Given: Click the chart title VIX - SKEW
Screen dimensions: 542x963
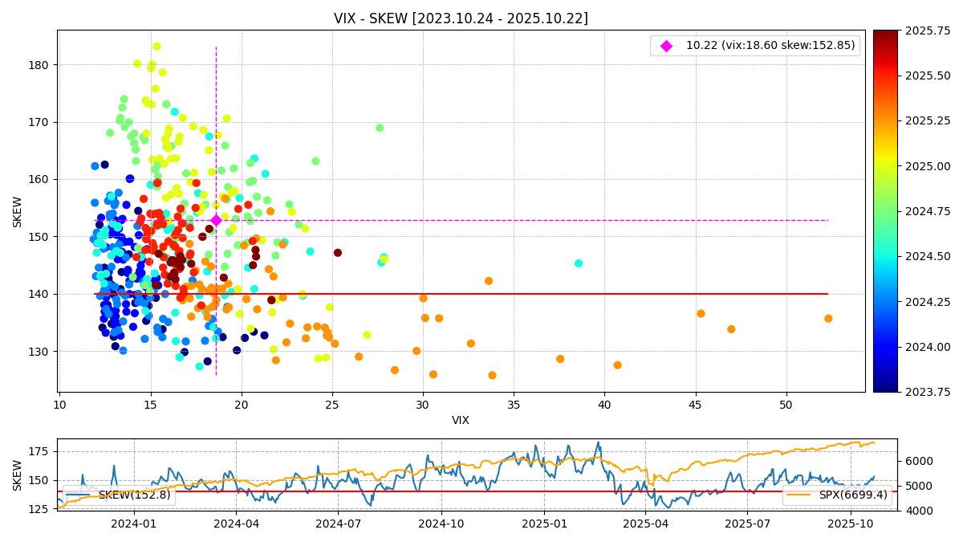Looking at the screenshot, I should pos(461,18).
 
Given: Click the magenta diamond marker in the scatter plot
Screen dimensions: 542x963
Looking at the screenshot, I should pos(216,220).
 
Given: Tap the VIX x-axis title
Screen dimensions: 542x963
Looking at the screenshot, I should pos(461,421).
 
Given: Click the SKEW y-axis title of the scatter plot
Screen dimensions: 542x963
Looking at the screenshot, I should pos(18,211).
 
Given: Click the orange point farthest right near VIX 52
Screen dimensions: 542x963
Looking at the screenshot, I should pos(828,319).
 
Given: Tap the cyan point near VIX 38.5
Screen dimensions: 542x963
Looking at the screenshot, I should pos(579,263).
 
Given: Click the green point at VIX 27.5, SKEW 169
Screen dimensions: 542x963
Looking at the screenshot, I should pos(380,128).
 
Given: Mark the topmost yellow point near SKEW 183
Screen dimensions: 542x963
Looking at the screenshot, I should pos(156,47).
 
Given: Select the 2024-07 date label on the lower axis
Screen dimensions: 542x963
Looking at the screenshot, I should pos(338,524).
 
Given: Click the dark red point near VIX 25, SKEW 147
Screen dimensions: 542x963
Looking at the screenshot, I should pos(338,253).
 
